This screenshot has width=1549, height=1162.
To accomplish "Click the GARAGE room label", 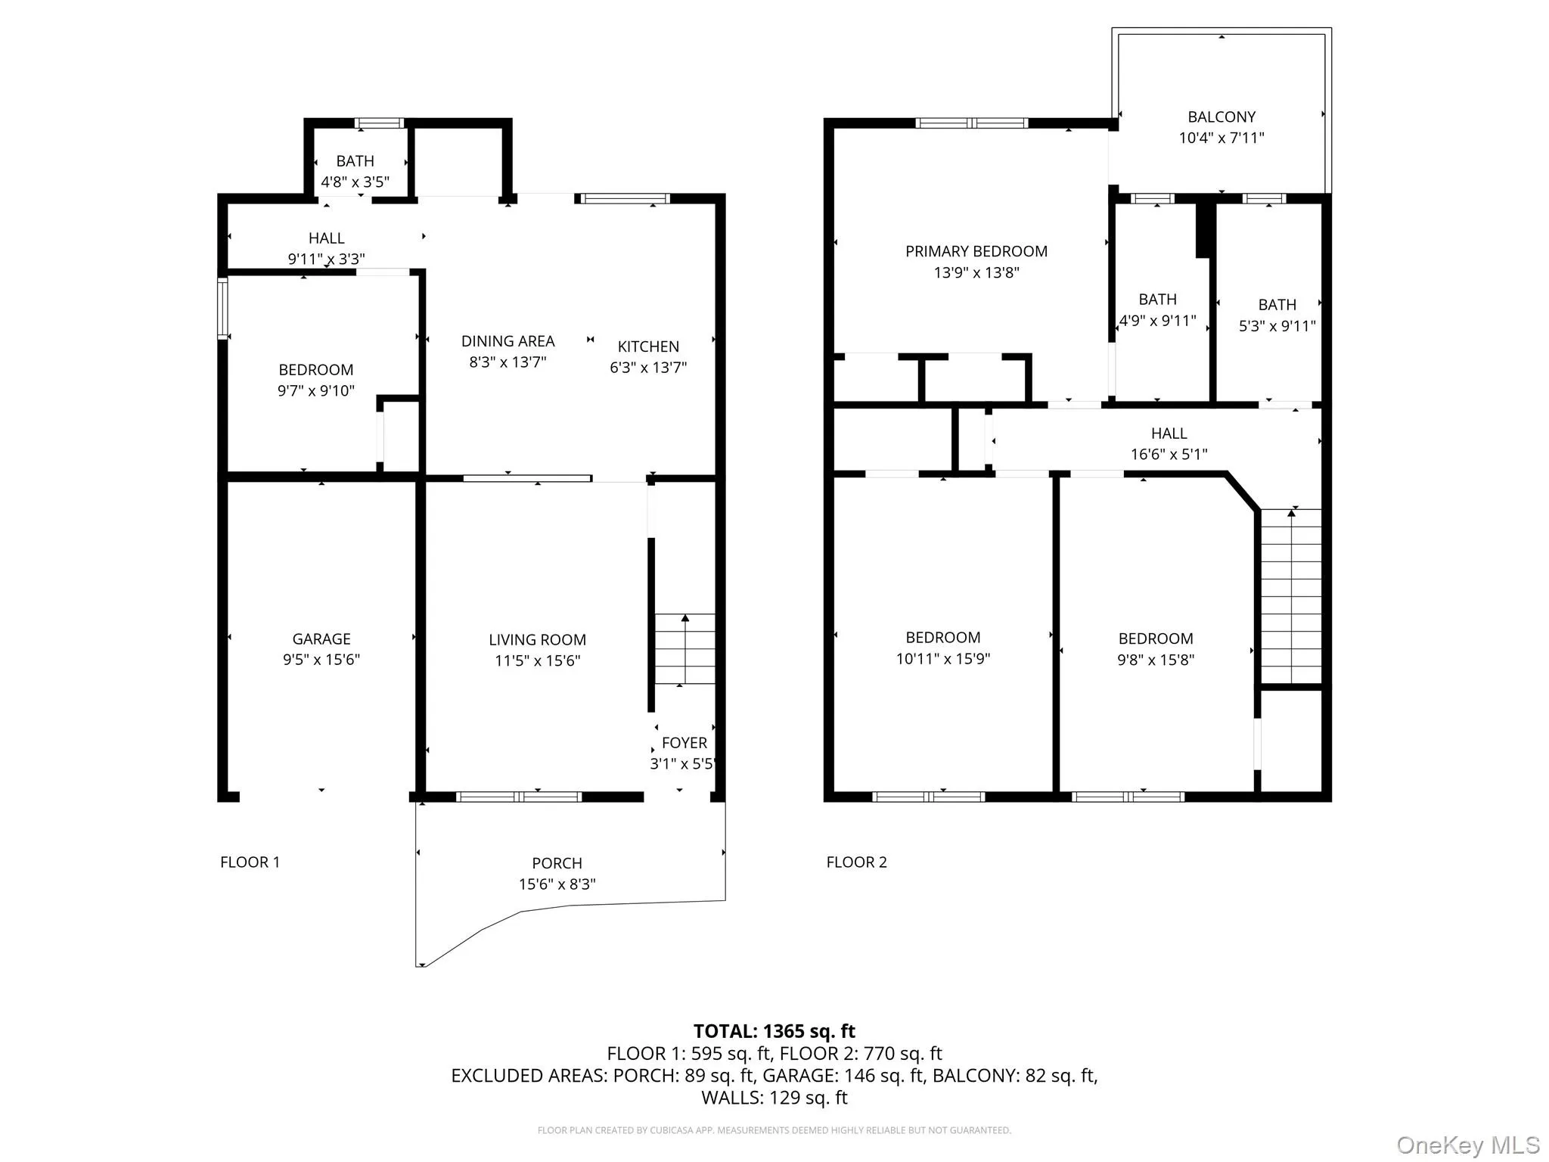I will [x=321, y=639].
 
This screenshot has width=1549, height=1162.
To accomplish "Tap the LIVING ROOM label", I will [x=537, y=640].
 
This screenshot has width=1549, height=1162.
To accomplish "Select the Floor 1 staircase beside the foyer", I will [x=684, y=649].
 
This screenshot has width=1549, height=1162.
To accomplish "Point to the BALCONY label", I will [x=1222, y=117].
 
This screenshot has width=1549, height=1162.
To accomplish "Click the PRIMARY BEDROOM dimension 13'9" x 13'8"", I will [x=976, y=272].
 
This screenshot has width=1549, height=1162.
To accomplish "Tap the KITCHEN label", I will [x=648, y=346].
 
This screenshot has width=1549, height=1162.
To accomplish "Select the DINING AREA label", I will [x=508, y=341].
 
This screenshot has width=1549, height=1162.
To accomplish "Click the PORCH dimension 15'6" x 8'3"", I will [x=557, y=884].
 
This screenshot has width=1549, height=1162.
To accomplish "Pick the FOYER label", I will [x=684, y=743].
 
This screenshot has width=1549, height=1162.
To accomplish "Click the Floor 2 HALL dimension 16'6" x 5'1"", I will [x=1169, y=455].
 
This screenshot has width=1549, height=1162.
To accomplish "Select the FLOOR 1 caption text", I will [x=250, y=862].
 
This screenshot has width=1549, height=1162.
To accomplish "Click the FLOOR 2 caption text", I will [x=856, y=862].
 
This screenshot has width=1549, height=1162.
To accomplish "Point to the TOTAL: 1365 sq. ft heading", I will [x=774, y=1031].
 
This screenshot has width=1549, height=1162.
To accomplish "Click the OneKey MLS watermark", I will [x=1467, y=1145].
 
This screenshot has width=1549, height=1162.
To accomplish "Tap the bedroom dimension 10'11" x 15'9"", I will [x=942, y=659].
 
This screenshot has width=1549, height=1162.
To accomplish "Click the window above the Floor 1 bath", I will [x=380, y=123].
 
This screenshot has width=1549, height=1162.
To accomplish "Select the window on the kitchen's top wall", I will [x=625, y=199].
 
